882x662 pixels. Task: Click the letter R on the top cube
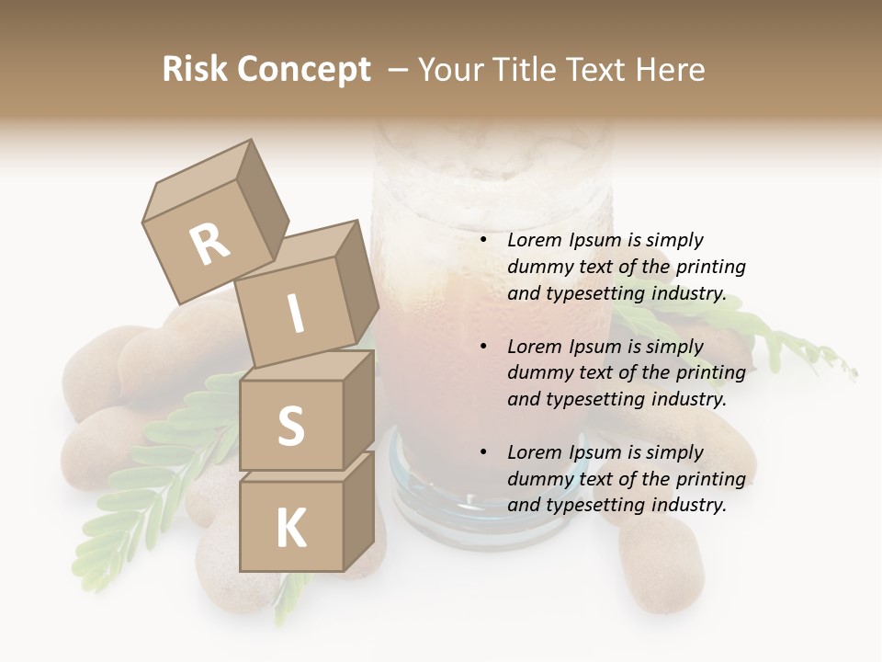pyautogui.click(x=210, y=245)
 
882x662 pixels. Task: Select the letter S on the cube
pyautogui.click(x=290, y=425)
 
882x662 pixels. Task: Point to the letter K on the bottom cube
pyautogui.click(x=290, y=529)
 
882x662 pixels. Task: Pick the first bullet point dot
pyautogui.click(x=483, y=241)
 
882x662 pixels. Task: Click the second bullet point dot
pyautogui.click(x=483, y=347)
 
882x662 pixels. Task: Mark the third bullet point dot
pyautogui.click(x=483, y=452)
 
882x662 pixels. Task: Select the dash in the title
pyautogui.click(x=399, y=70)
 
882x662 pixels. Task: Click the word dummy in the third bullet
pyautogui.click(x=538, y=479)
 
